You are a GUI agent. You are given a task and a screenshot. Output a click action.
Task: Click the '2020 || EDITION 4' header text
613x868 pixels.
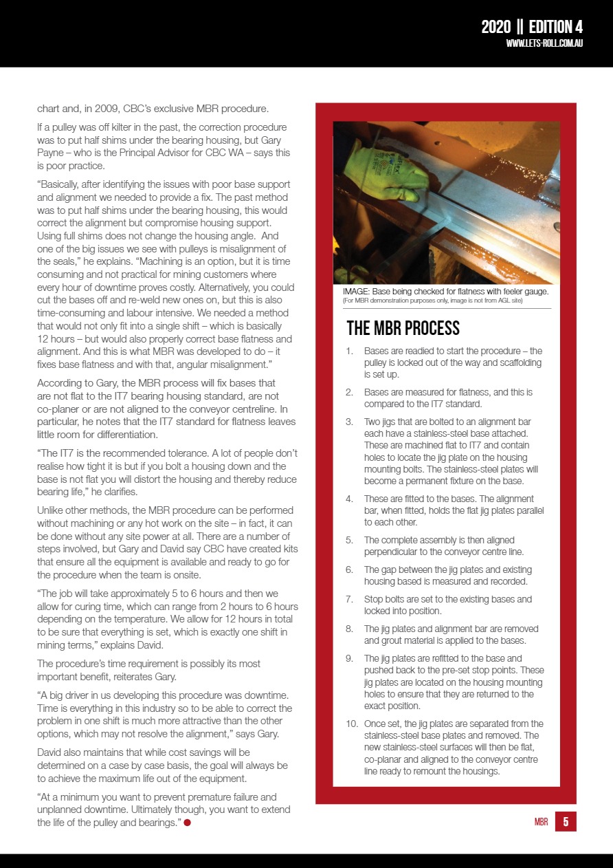(531, 27)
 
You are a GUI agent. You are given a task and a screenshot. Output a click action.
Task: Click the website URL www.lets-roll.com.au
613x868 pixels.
(544, 44)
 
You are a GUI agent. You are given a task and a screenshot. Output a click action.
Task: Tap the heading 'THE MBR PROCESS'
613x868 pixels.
(403, 328)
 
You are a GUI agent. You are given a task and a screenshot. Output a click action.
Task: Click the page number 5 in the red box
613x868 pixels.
(566, 821)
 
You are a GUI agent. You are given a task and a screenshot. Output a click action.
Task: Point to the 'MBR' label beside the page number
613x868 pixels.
(541, 822)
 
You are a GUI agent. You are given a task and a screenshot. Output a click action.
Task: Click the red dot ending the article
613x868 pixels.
(187, 823)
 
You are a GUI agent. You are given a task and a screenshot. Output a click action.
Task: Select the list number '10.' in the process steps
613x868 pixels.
(350, 724)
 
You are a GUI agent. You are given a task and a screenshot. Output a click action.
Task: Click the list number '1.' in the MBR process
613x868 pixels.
(350, 351)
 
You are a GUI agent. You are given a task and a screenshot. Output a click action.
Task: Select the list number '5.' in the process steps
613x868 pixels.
(349, 540)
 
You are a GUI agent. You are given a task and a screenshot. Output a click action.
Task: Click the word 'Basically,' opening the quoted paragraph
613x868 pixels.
(59, 184)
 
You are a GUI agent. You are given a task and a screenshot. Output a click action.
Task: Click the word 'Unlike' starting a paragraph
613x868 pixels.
(52, 510)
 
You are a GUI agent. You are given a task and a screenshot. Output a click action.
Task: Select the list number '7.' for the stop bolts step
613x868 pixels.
(349, 599)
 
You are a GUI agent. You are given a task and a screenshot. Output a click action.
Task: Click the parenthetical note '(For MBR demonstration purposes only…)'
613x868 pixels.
(433, 301)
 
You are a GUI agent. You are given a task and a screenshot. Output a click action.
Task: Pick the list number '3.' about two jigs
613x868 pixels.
(349, 422)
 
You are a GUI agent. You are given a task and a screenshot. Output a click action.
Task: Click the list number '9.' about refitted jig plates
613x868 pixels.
(349, 659)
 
